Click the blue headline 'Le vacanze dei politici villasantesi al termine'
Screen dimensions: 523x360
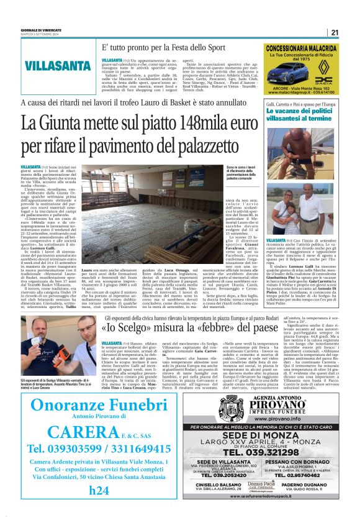tap(300, 114)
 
